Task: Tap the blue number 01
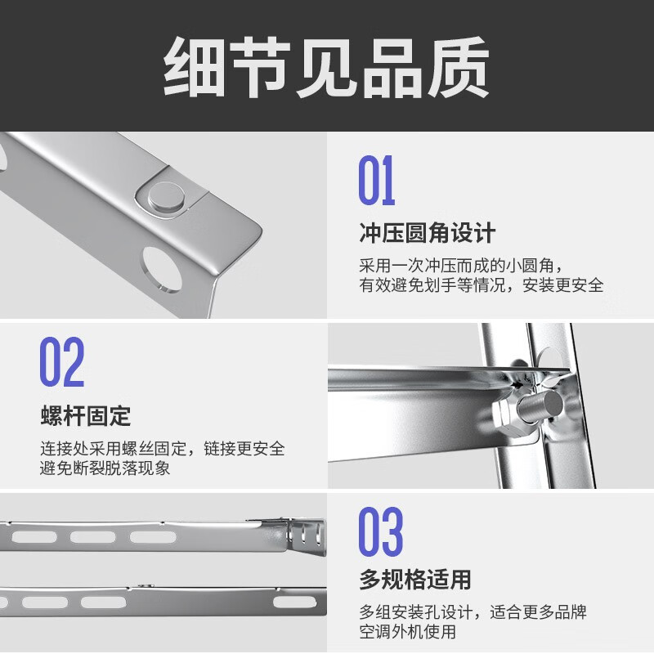[x=377, y=181]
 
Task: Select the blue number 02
[x=62, y=363]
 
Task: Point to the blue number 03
[x=381, y=532]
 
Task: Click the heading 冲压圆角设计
[x=427, y=233]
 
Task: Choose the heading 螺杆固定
[x=85, y=415]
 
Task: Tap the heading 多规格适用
[x=414, y=580]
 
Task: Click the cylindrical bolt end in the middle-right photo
[x=540, y=405]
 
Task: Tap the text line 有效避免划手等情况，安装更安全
[x=482, y=285]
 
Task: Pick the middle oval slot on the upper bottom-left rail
[x=92, y=537]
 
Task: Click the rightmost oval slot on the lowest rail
[x=294, y=602]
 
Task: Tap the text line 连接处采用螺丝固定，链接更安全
[x=163, y=449]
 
